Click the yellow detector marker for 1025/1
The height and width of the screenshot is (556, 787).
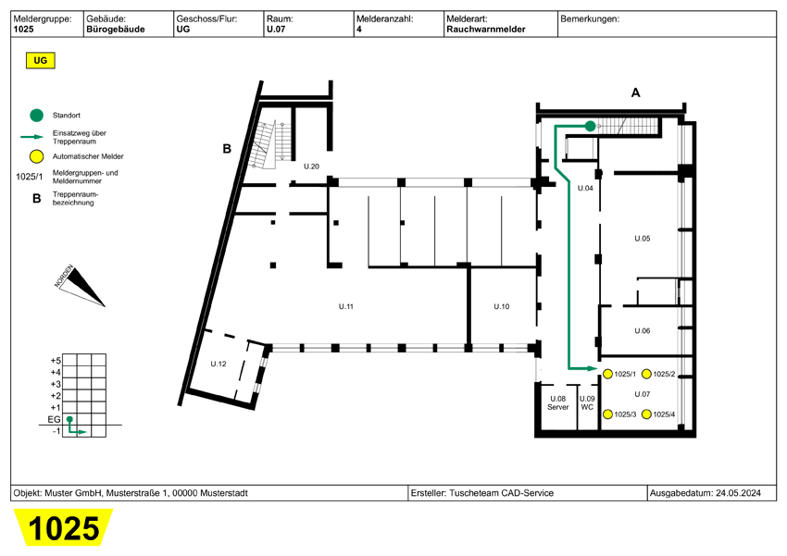(608, 374)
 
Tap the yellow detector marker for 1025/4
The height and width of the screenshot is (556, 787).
(646, 414)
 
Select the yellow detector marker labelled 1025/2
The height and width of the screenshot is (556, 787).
(646, 374)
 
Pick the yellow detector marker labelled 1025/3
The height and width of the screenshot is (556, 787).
(608, 414)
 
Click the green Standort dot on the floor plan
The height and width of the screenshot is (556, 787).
(590, 126)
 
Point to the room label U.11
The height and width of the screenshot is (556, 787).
(345, 306)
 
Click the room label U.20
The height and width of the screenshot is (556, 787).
(311, 167)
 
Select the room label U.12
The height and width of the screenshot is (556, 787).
(219, 363)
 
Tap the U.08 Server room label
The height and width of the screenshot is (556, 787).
(557, 402)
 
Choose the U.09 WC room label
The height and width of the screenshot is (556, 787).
(587, 402)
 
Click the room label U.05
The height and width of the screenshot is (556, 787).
(642, 239)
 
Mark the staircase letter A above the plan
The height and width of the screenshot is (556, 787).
(635, 93)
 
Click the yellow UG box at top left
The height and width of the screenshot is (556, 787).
(40, 61)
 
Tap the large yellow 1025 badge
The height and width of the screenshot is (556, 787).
(63, 528)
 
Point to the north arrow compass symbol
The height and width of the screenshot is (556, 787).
(81, 286)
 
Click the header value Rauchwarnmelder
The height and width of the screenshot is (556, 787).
(485, 30)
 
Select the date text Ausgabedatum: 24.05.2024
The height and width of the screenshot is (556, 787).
(710, 493)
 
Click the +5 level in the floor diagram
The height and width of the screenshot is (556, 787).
(56, 360)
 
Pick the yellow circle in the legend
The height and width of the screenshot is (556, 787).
(36, 156)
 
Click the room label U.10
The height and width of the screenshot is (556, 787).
(501, 306)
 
